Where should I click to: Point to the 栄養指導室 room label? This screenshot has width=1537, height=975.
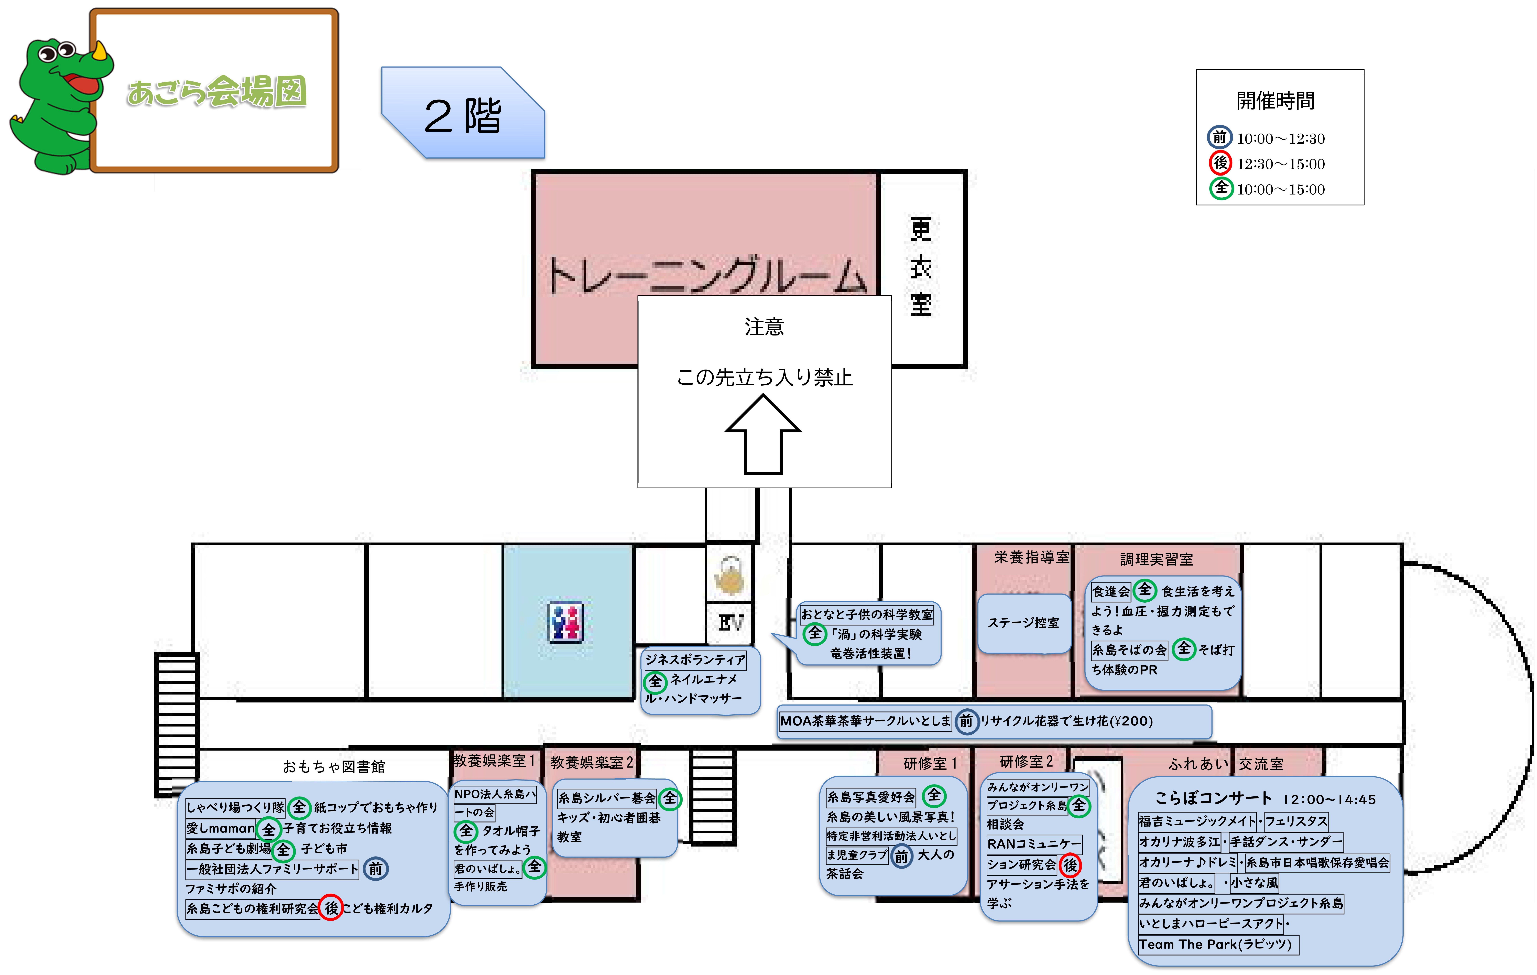click(x=1031, y=557)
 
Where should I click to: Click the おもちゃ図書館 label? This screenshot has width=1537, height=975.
click(x=334, y=766)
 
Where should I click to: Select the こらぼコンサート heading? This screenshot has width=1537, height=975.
click(x=1213, y=798)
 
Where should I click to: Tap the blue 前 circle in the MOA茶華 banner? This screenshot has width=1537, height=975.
click(x=966, y=721)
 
